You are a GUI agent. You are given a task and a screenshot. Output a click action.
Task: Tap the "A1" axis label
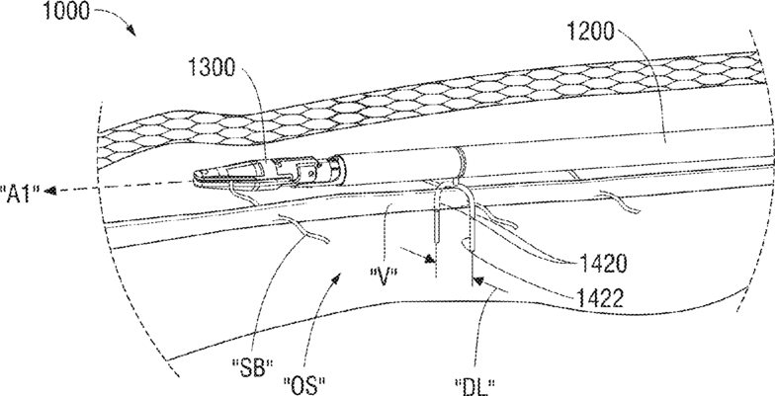(19, 191)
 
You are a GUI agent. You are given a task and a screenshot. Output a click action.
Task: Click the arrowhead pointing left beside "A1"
(52, 191)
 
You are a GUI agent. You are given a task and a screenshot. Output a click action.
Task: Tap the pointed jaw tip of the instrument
(192, 177)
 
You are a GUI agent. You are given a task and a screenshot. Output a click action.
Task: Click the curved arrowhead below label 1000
(132, 34)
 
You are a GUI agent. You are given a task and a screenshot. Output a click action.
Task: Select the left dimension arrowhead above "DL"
(432, 261)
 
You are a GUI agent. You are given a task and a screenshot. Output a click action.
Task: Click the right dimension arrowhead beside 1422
(478, 281)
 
